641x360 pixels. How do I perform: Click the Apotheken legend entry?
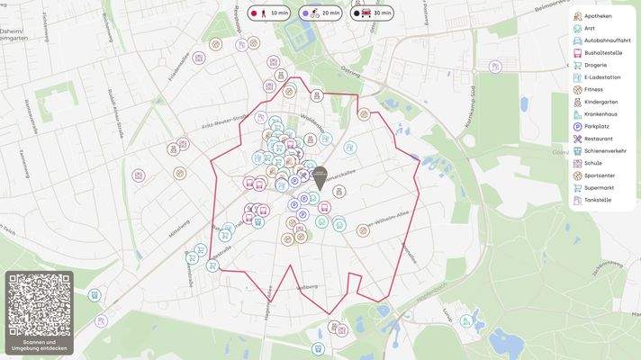(597, 16)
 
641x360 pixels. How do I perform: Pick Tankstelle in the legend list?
(597, 200)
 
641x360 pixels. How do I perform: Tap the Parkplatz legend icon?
(577, 127)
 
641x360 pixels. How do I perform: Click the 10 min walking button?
(270, 13)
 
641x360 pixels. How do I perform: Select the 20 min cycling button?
(321, 13)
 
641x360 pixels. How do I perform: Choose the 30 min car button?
(373, 13)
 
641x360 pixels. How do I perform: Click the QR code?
(39, 304)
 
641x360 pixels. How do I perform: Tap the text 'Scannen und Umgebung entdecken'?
(39, 346)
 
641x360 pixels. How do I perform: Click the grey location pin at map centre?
(320, 176)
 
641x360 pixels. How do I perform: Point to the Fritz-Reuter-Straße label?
(225, 122)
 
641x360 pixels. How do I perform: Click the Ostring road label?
(349, 69)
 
